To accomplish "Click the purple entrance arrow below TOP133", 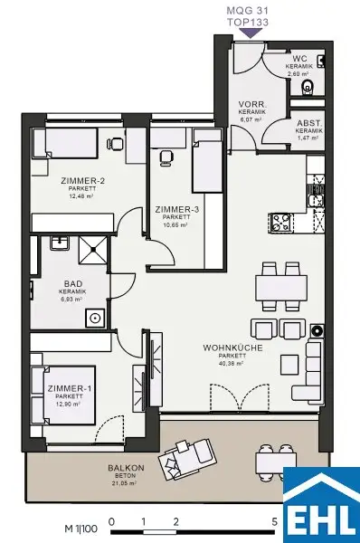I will coord(250,33).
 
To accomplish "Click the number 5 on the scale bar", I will coord(275,522).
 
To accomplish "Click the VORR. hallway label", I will coord(251,105).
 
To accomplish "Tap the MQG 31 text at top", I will coord(251,7).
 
